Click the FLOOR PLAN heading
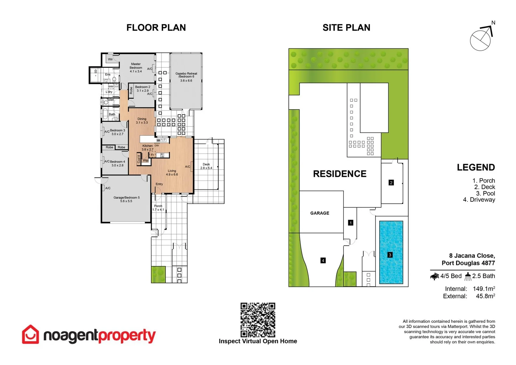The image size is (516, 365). coord(156,28)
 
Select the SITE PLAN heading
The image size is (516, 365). coord(346,28)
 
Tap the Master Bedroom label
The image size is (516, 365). coord(136,68)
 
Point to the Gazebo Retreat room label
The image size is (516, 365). coord(186,77)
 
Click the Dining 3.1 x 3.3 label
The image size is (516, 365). coord(142,121)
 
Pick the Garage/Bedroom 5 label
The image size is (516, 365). coord(126,199)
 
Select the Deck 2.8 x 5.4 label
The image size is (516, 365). coord(206,166)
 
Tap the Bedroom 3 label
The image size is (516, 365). coord(117,132)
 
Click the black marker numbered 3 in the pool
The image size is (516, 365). coord(390,255)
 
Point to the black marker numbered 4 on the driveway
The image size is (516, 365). coord(323,260)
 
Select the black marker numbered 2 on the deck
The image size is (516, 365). coord(391,182)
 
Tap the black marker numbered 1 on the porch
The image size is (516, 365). coord(351,223)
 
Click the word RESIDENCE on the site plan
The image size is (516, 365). coord(339,174)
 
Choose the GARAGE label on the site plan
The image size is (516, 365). coord(319,213)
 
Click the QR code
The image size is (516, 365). coord(258,320)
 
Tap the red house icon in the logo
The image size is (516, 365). coord(30,335)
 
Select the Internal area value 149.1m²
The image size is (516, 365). coord(484,289)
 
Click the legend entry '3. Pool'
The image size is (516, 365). coord(485,193)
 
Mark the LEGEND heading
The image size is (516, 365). coord(476,167)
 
